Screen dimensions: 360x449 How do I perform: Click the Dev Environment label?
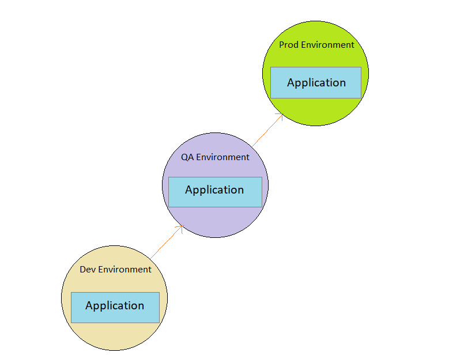pyautogui.click(x=115, y=270)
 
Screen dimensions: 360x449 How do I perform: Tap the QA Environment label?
pyautogui.click(x=215, y=157)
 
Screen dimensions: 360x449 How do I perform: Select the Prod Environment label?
pyautogui.click(x=316, y=45)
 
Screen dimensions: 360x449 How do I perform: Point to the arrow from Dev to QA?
pyautogui.click(x=167, y=241)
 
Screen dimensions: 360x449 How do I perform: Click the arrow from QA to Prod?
pyautogui.click(x=267, y=130)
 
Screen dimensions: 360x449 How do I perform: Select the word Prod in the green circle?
pyautogui.click(x=289, y=45)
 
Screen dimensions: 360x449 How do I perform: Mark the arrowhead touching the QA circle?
pyautogui.click(x=181, y=227)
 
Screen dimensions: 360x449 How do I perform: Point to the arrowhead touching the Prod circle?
pyautogui.click(x=281, y=115)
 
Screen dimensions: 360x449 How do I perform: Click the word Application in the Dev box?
pyautogui.click(x=115, y=306)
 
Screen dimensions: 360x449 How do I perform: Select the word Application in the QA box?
pyautogui.click(x=214, y=190)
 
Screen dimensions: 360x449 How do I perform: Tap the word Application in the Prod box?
pyautogui.click(x=316, y=83)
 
